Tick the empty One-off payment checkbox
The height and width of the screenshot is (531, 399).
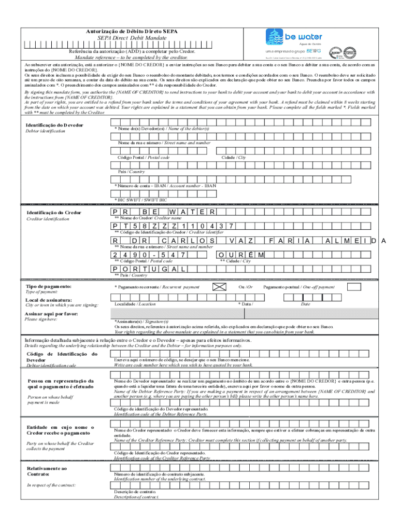pos(354,287)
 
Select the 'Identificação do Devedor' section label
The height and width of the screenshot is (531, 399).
pos(54,125)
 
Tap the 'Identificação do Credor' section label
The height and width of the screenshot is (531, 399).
pos(53,213)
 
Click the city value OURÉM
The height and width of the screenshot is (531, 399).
pos(241,255)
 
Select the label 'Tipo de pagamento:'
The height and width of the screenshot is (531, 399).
pos(48,286)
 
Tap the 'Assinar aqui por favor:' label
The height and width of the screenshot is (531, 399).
pos(51,314)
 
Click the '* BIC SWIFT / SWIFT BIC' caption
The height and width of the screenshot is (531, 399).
pos(140,200)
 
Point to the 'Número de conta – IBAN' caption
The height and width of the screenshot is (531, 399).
pos(165,185)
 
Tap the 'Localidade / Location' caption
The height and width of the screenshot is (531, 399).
pos(135,304)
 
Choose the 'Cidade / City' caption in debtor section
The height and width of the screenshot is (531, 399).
pos(234,157)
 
